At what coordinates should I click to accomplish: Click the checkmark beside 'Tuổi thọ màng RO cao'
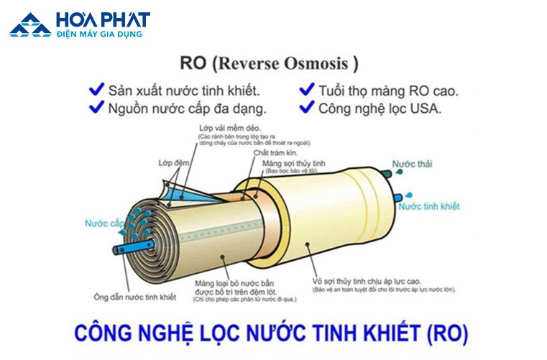pos(306,90)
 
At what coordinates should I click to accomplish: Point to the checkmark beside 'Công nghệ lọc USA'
pos(306,108)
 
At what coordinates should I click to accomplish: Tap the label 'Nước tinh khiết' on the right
pos(429,206)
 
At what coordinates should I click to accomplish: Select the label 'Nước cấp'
pos(104,224)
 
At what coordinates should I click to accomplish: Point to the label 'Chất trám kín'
pos(271,154)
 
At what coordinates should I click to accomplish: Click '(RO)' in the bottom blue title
pos(443,333)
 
